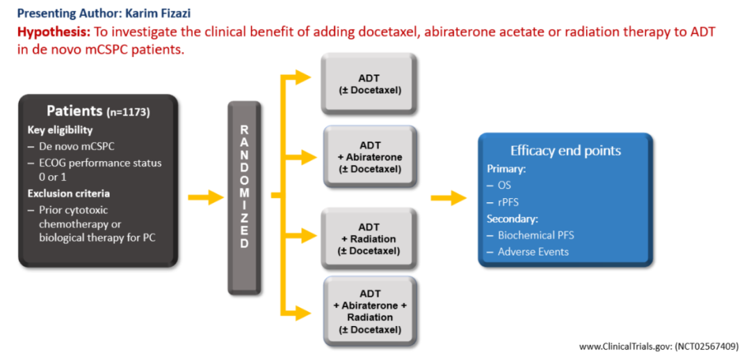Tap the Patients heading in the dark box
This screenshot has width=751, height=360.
pyautogui.click(x=74, y=111)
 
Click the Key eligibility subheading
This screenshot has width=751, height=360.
pyautogui.click(x=60, y=130)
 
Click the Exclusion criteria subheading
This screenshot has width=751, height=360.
pyautogui.click(x=68, y=193)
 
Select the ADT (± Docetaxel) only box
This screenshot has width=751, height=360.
pyautogui.click(x=369, y=83)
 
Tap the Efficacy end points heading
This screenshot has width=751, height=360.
pyautogui.click(x=565, y=151)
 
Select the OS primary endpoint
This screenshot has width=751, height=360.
pyautogui.click(x=504, y=186)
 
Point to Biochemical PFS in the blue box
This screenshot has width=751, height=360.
pyautogui.click(x=535, y=235)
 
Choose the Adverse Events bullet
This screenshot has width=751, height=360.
pyautogui.click(x=533, y=252)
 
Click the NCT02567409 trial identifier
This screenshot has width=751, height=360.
pyautogui.click(x=709, y=345)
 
